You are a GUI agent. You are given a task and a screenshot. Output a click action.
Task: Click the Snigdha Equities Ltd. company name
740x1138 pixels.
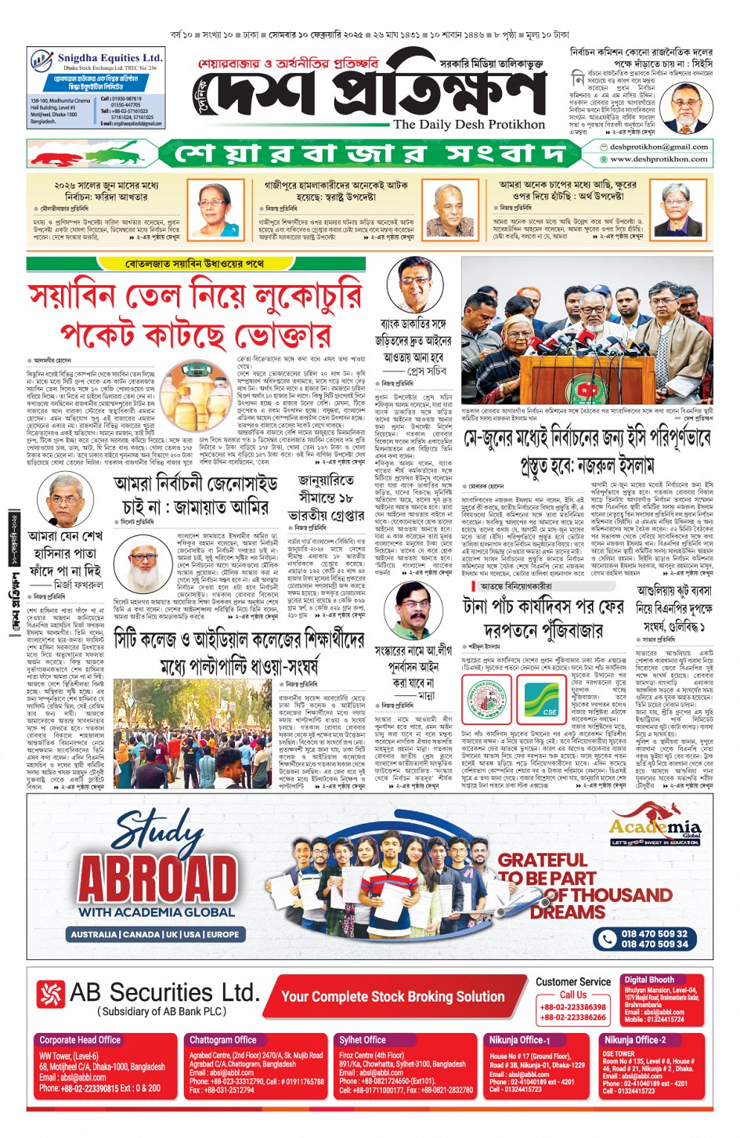(x=110, y=58)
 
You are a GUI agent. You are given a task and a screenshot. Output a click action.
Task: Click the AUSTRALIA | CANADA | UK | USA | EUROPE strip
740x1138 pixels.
(x=155, y=934)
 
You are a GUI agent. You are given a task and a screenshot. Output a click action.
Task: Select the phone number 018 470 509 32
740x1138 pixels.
(x=654, y=933)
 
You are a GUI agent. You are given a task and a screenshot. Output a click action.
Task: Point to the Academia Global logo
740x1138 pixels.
(x=655, y=829)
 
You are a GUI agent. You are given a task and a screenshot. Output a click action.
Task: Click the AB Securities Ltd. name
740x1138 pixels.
(x=164, y=992)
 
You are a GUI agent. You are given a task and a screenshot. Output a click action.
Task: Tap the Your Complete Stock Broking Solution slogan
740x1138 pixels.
(x=392, y=996)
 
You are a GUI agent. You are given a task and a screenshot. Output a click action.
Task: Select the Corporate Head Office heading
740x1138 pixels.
(x=80, y=1040)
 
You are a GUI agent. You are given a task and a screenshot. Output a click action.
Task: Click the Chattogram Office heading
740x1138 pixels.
(x=223, y=1040)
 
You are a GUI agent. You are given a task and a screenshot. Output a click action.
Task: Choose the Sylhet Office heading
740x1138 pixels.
(x=363, y=1040)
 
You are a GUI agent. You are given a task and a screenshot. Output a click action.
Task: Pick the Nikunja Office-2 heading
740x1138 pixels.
(x=634, y=1040)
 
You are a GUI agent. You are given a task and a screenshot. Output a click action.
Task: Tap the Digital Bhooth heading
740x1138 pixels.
(x=649, y=980)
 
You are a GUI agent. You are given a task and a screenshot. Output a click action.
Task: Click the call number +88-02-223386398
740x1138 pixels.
(x=572, y=1007)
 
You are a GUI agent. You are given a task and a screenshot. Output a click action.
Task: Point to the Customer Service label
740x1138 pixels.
(x=572, y=981)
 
